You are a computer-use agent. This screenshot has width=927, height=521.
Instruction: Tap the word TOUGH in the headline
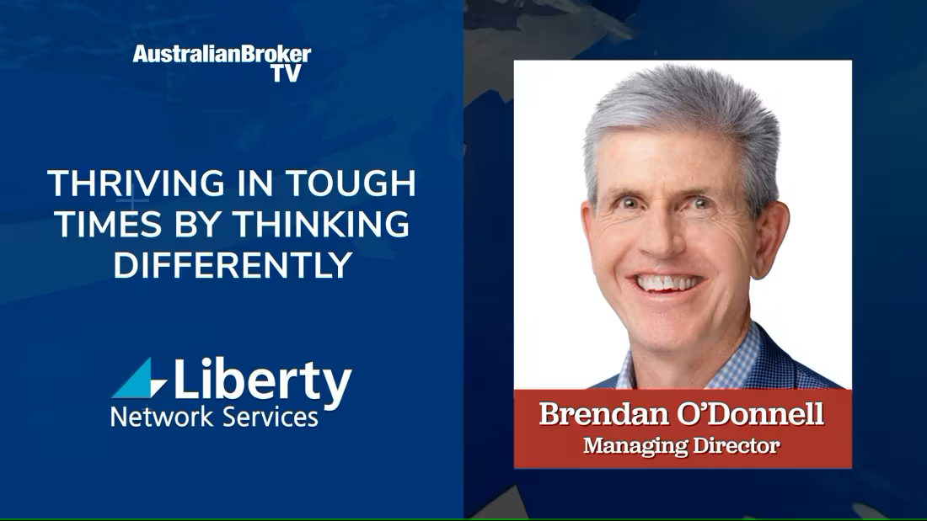click(x=351, y=183)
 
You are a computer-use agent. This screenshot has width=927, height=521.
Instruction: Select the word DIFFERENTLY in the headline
click(x=233, y=265)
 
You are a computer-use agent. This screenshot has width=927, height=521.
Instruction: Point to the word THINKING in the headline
click(x=320, y=224)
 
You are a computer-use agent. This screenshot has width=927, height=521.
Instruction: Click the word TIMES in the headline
click(x=108, y=224)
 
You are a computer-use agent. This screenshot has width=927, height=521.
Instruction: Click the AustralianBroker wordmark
click(x=222, y=55)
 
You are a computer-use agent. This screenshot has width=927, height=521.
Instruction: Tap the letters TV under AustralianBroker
click(x=287, y=73)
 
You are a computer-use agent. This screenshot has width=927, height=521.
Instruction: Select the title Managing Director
click(x=682, y=445)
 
